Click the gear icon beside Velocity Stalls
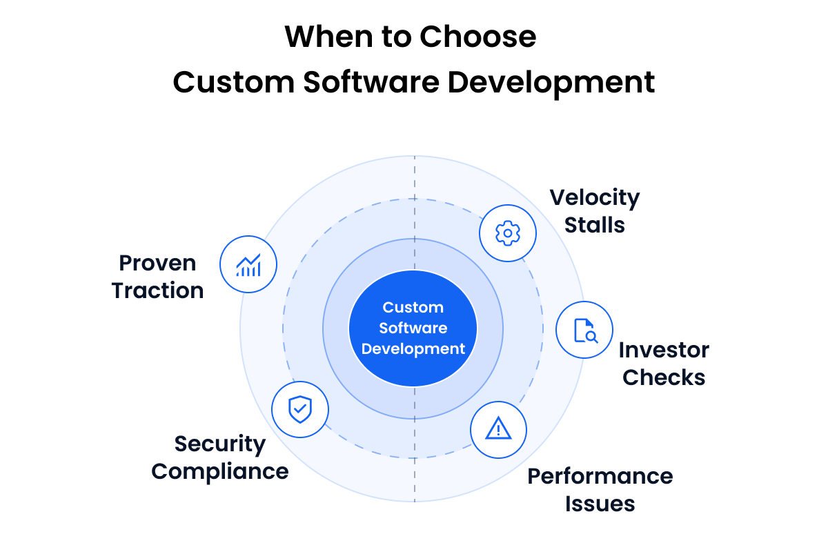(x=508, y=233)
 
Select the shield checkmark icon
(x=300, y=410)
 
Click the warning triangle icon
(x=498, y=430)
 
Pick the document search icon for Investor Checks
(x=585, y=330)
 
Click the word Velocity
(x=595, y=198)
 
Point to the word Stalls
(x=595, y=225)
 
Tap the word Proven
(x=158, y=263)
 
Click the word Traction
(x=158, y=290)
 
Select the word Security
(x=220, y=444)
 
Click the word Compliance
(x=220, y=471)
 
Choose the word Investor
(x=664, y=350)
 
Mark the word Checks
(x=664, y=377)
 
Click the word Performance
(x=600, y=476)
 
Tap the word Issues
(x=600, y=504)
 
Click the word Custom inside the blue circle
(x=413, y=308)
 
